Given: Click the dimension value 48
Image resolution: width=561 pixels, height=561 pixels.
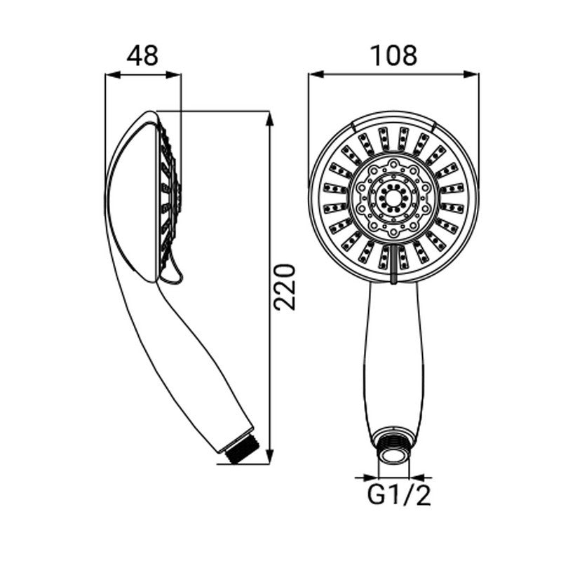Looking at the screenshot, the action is [x=142, y=56].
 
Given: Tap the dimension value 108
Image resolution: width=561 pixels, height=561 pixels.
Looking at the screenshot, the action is [x=393, y=56].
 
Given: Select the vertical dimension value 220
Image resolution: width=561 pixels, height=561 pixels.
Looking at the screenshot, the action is [x=285, y=287].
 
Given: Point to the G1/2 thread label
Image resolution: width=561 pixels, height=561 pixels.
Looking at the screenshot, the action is [x=399, y=495].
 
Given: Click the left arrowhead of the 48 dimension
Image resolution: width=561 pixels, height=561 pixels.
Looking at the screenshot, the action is [x=113, y=75].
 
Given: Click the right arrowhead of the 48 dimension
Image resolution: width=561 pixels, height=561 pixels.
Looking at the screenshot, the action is [x=174, y=75].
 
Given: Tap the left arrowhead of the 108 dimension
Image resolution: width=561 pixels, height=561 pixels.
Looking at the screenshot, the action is [x=316, y=74].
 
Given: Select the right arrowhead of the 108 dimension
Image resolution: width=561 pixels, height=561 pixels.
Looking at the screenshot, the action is [x=471, y=74].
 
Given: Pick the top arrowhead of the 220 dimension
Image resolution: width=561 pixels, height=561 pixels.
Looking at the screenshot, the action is [x=270, y=119].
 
